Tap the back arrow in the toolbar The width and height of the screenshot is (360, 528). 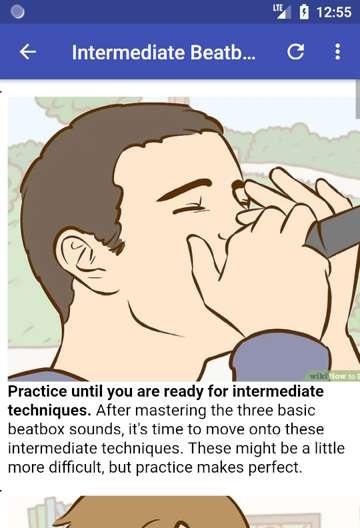click(28, 52)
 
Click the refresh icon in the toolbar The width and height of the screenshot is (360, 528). click(295, 52)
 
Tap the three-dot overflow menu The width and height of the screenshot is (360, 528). click(337, 52)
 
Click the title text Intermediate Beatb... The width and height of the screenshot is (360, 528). click(164, 52)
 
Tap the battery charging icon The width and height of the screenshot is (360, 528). click(304, 12)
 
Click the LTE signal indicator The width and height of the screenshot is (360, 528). click(282, 11)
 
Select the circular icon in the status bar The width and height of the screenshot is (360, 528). click(18, 12)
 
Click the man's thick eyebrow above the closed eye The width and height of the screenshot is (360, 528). click(185, 189)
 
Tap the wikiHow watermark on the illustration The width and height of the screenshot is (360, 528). click(333, 376)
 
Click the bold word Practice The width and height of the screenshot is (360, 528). click(37, 391)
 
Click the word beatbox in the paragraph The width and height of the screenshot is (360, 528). click(36, 429)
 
